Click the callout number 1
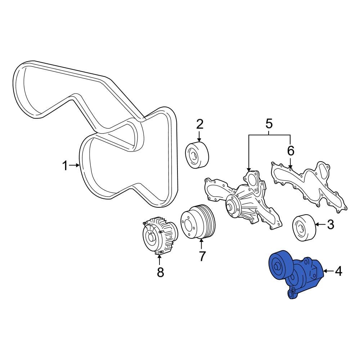[66, 166]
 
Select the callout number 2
[200, 124]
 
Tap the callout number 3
[330, 224]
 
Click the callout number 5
[269, 123]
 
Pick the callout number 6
[291, 151]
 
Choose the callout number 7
[202, 256]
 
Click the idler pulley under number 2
[197, 156]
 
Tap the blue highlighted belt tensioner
[296, 274]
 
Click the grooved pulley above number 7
[198, 222]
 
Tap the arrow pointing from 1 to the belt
[74, 165]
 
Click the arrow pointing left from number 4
[329, 271]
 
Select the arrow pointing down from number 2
[199, 136]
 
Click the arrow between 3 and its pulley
[321, 224]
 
